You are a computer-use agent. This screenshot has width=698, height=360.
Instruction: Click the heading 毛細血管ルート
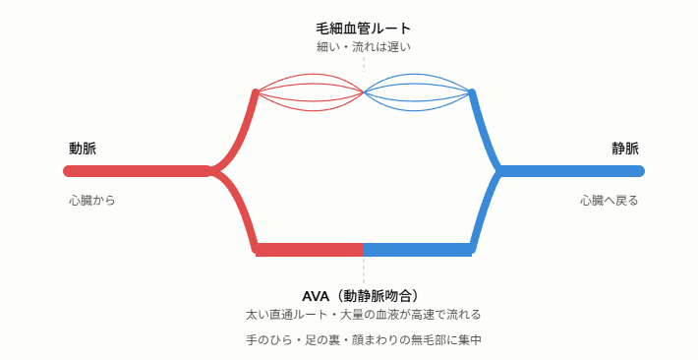[x=363, y=29]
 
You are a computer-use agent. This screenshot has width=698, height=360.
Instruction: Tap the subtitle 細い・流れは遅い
[x=363, y=47]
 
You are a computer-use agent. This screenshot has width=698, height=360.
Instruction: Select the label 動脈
[x=83, y=149]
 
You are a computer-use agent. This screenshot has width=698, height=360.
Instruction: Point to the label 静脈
[x=625, y=149]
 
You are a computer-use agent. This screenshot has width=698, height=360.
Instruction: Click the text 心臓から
[x=92, y=201]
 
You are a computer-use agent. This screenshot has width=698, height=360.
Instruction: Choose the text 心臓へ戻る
[x=609, y=201]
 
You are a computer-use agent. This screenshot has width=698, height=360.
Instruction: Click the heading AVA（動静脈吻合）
[x=361, y=296]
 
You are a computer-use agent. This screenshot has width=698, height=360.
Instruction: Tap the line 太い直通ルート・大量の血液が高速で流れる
[x=363, y=315]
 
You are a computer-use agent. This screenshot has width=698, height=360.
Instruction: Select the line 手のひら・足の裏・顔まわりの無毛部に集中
[x=363, y=340]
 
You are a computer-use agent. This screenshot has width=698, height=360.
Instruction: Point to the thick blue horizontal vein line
[x=570, y=171]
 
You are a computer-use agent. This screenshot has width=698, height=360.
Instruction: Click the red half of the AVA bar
[x=310, y=250]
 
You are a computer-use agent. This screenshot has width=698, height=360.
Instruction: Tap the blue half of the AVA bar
[x=418, y=250]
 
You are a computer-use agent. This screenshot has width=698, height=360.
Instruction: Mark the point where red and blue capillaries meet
[x=364, y=92]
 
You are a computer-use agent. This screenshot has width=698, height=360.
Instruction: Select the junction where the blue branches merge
[x=498, y=171]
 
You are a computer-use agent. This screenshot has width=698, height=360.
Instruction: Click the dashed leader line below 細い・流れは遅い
[x=364, y=64]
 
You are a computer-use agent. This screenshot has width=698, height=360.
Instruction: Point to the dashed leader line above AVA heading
[x=364, y=270]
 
